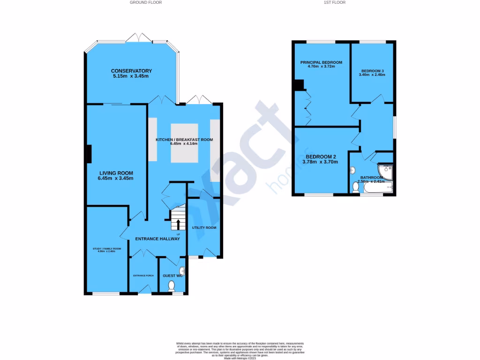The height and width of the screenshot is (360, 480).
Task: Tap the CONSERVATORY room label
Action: click(132, 71)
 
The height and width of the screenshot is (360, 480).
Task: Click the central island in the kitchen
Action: click(184, 143)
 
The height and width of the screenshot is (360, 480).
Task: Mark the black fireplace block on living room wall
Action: click(88, 154)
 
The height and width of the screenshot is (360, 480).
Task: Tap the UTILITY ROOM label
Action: click(204, 228)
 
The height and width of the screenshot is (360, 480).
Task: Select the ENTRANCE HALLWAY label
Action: click(157, 239)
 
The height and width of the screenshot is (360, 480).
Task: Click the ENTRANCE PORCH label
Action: click(143, 276)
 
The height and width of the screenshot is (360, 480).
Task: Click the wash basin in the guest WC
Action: click(182, 271)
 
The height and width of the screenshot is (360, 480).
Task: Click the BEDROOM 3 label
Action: click(372, 70)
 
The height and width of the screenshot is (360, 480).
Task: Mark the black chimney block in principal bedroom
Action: click(298, 85)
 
